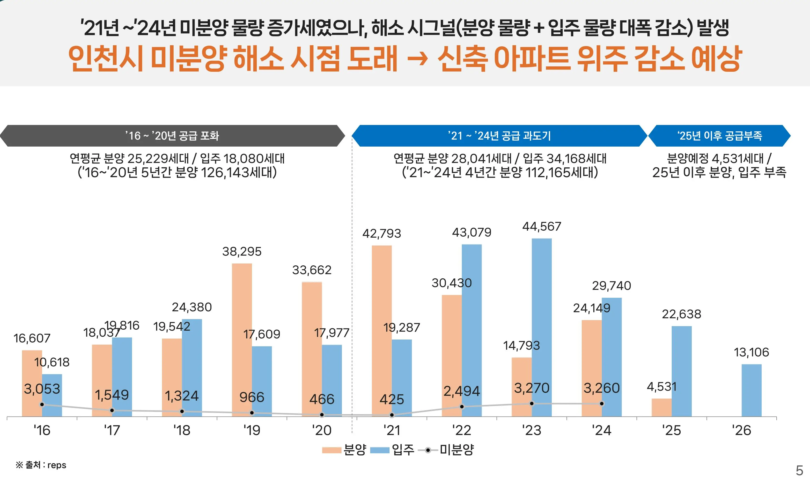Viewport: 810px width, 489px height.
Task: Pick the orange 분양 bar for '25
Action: (661, 408)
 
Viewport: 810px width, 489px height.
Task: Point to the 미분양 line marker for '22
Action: (462, 407)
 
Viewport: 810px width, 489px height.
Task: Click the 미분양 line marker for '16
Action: (42, 404)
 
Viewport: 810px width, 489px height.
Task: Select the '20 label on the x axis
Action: (322, 430)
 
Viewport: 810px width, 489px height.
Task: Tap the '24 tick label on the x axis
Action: (601, 430)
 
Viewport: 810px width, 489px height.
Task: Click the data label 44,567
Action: (542, 227)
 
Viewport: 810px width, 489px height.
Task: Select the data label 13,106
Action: (751, 352)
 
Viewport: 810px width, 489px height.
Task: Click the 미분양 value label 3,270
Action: (531, 388)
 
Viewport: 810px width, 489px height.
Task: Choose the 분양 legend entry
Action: (344, 450)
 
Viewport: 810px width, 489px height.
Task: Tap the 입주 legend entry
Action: (392, 450)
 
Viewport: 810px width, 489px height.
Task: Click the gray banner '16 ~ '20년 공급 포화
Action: (172, 136)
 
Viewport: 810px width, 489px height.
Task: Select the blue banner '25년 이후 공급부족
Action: (719, 136)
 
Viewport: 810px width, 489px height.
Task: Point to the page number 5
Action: (799, 471)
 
